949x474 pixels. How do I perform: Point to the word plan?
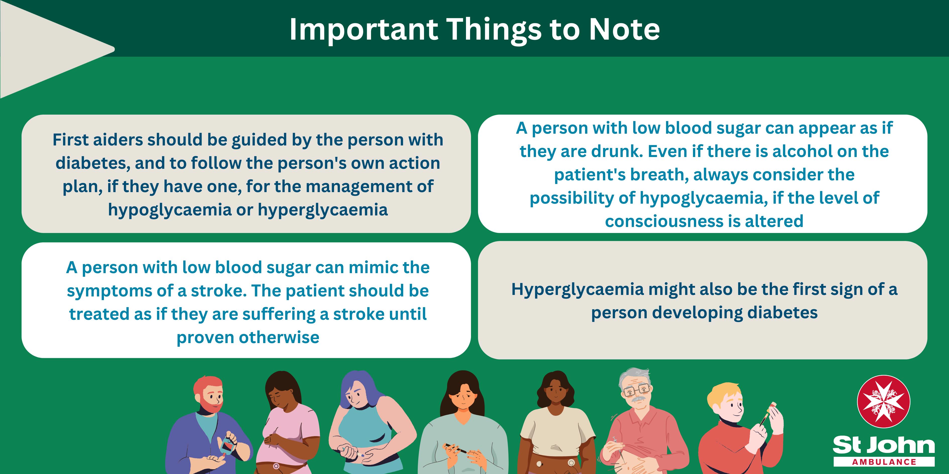(82, 187)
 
